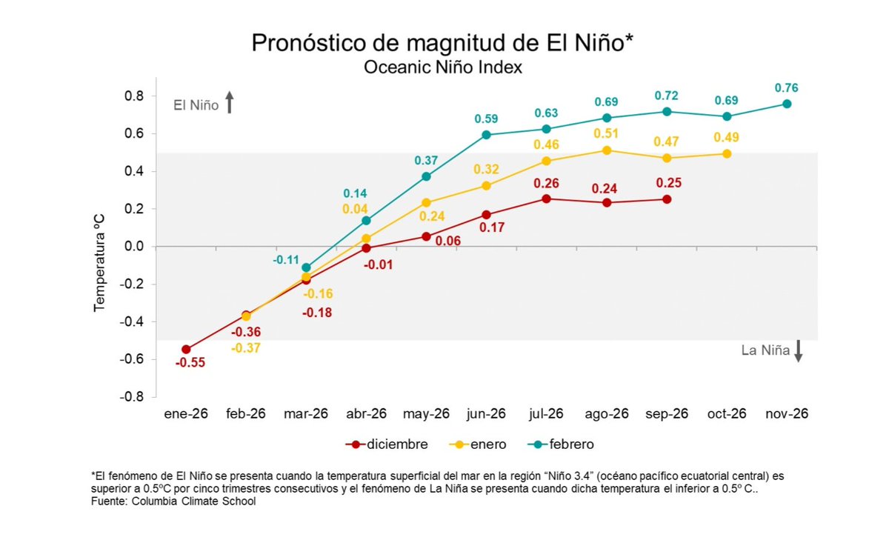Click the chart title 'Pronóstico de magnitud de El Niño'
click(443, 42)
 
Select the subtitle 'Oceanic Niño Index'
click(443, 67)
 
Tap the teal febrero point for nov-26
click(787, 104)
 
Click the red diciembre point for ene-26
click(186, 350)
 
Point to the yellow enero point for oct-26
click(727, 154)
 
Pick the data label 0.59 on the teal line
click(486, 119)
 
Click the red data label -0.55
click(190, 364)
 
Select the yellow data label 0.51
click(607, 134)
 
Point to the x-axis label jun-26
click(486, 414)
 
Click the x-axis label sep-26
click(667, 414)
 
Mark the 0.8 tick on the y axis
click(133, 96)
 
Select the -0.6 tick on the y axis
click(131, 359)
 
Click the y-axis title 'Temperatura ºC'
click(99, 247)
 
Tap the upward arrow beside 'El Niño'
click(230, 102)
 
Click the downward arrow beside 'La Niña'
click(798, 350)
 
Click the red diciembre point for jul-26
click(546, 199)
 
